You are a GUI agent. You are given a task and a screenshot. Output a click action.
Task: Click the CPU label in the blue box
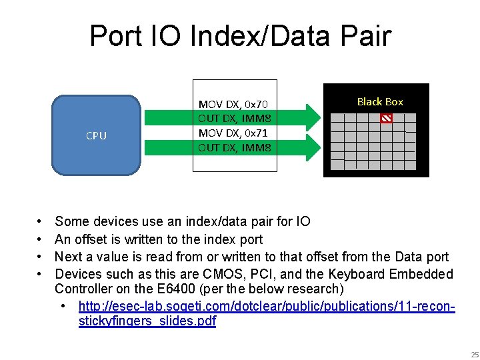click(x=96, y=135)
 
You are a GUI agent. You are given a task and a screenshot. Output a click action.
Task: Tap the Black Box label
click(x=380, y=101)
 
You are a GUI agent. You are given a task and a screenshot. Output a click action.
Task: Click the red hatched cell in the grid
click(x=386, y=119)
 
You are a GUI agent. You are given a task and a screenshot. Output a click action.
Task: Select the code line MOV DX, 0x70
click(x=233, y=104)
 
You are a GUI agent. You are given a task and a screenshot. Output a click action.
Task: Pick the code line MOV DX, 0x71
click(x=233, y=133)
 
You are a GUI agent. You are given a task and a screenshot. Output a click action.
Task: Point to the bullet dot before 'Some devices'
click(x=40, y=221)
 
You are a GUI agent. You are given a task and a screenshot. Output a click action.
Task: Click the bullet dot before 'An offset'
click(x=40, y=239)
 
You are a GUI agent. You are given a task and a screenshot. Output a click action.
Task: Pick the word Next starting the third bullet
click(x=68, y=257)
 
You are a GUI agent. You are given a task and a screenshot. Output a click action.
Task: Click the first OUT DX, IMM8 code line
click(x=234, y=119)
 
